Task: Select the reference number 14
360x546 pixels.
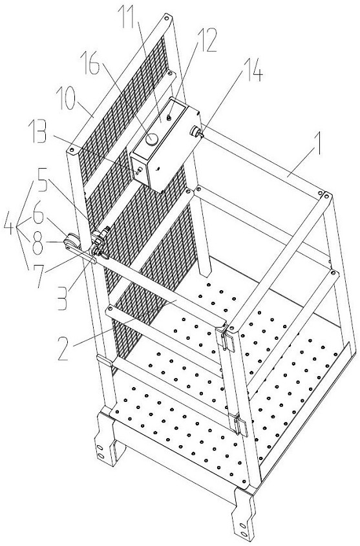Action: [251, 70]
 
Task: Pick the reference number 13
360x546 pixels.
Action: [40, 131]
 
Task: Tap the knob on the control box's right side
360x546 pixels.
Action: [195, 132]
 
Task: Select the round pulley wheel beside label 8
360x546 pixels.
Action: [70, 240]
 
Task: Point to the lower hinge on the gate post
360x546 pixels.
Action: [240, 422]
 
